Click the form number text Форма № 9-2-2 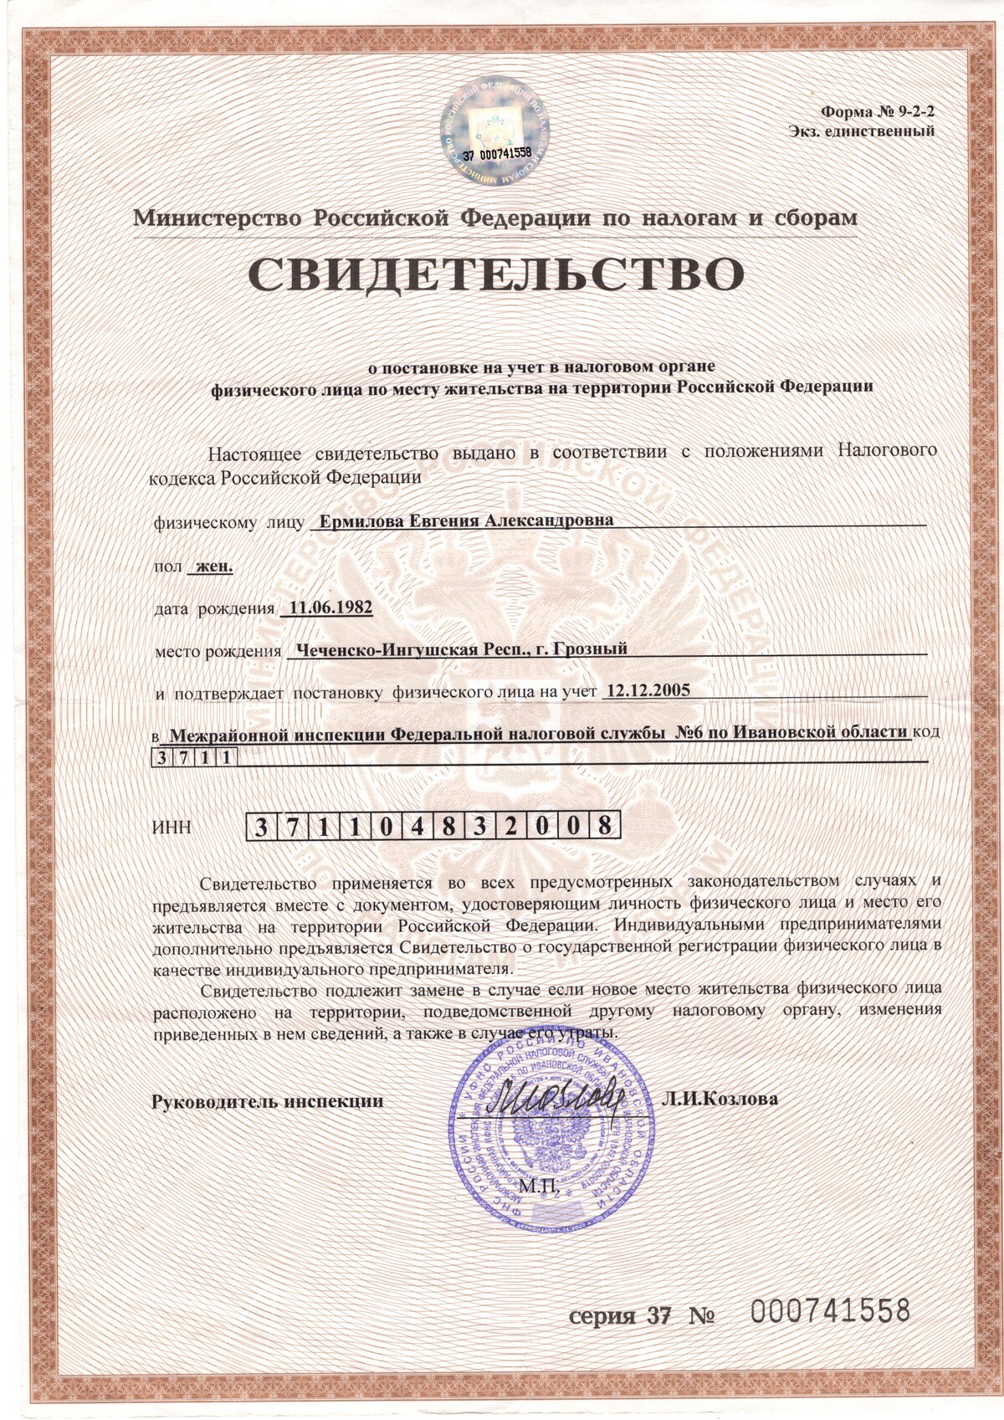878,110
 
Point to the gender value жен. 213,566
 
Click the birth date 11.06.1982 330,607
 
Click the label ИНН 173,828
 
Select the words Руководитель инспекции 267,1101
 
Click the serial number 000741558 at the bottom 828,1311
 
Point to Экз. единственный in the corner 861,131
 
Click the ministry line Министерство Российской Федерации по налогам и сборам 495,218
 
